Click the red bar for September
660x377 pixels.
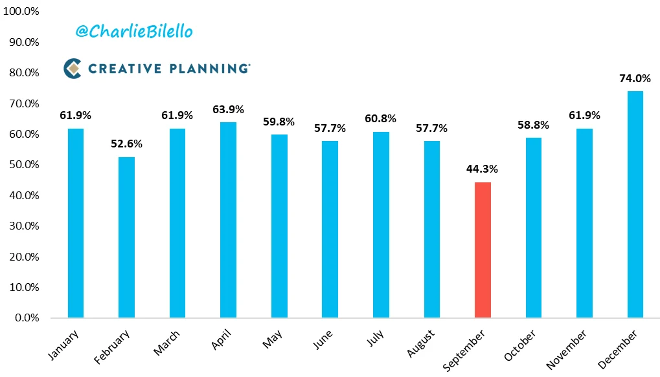click(x=483, y=250)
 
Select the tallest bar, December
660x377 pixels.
click(x=635, y=204)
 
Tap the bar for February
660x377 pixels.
click(x=127, y=237)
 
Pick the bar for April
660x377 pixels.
click(x=229, y=220)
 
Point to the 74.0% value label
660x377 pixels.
click(x=635, y=78)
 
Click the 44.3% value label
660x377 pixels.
click(x=483, y=169)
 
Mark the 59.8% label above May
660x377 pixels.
click(x=279, y=122)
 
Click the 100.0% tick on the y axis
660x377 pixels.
click(x=21, y=12)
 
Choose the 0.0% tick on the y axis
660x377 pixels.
click(x=27, y=318)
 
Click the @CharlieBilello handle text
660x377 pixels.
click(x=134, y=32)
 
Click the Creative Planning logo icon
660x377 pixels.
click(x=73, y=68)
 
